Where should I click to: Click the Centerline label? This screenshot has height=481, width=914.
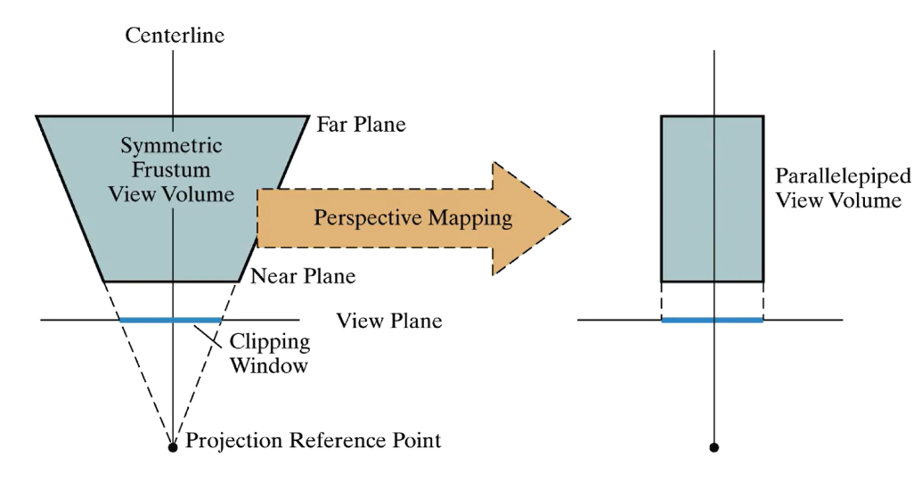tap(175, 35)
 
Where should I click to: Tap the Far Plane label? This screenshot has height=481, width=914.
tap(361, 124)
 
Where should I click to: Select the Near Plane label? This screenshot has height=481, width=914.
tap(303, 276)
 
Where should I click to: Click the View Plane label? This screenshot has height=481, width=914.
tap(388, 321)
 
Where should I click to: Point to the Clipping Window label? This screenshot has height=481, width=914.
tap(269, 354)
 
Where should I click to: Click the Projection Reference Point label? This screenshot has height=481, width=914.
tap(313, 440)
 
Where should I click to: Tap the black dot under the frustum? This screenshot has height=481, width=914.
tap(173, 447)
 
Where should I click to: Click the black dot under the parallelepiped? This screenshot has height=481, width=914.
tap(714, 447)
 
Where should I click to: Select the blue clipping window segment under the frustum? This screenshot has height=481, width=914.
tap(170, 320)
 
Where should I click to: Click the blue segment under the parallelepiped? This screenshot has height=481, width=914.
tap(713, 320)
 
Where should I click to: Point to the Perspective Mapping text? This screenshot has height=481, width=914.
tap(413, 218)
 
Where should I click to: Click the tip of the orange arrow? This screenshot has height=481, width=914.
tap(570, 218)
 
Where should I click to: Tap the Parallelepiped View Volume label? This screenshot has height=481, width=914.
tap(843, 188)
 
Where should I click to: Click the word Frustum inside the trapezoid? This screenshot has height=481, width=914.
tap(171, 169)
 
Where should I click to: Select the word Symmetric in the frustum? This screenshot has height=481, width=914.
tap(171, 145)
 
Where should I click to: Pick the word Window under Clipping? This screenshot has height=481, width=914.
tap(269, 365)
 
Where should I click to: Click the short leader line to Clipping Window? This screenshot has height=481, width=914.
tap(208, 337)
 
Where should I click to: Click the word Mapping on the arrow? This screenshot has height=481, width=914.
tap(470, 218)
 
